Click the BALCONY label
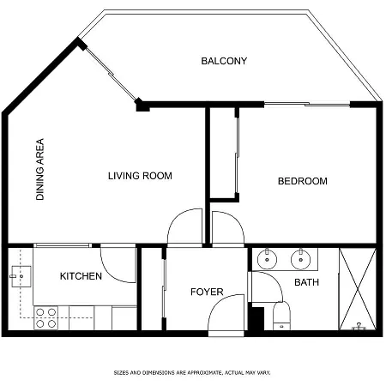pyautogui.click(x=224, y=61)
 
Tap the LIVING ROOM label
pyautogui.click(x=140, y=176)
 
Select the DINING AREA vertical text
pyautogui.click(x=40, y=169)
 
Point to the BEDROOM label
pyautogui.click(x=303, y=181)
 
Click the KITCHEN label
pyautogui.click(x=81, y=276)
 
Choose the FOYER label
pyautogui.click(x=207, y=292)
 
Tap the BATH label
pyautogui.click(x=306, y=282)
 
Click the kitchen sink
pyautogui.click(x=21, y=276)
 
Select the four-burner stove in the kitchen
pyautogui.click(x=46, y=317)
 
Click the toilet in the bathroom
pyautogui.click(x=281, y=316)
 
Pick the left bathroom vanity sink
pyautogui.click(x=267, y=259)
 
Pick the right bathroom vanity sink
pyautogui.click(x=300, y=259)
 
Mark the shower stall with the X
pyautogui.click(x=358, y=289)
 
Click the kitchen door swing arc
pyautogui.click(x=110, y=273)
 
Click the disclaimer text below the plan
pyautogui.click(x=192, y=373)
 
